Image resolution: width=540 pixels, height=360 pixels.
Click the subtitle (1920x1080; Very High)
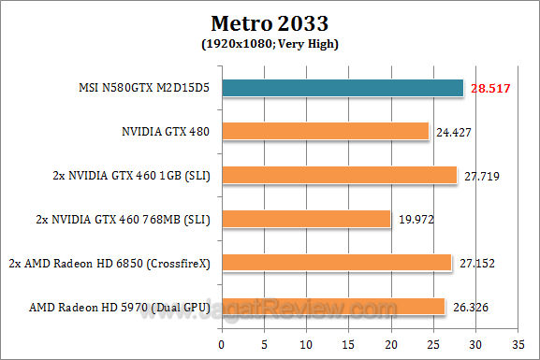[x=270, y=43]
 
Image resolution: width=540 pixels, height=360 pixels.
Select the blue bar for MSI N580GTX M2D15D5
[x=343, y=88]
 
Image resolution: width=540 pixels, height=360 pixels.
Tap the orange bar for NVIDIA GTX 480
[x=326, y=131]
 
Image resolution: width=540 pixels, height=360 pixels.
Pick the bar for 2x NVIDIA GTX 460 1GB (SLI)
[x=339, y=175]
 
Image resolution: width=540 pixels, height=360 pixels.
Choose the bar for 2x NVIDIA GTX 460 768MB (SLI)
[x=307, y=219]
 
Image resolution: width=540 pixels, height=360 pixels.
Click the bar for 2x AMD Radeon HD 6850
[x=337, y=263]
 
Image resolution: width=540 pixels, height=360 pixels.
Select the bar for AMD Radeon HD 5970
[x=333, y=307]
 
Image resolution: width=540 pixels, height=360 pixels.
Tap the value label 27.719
[x=479, y=175]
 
